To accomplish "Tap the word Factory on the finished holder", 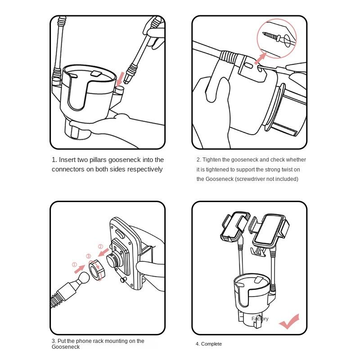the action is click(x=260, y=319).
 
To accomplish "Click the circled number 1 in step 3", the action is click(x=74, y=265).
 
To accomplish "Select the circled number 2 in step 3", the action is click(x=100, y=247).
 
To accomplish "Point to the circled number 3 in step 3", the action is click(x=88, y=256).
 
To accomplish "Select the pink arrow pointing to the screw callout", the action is click(x=261, y=58).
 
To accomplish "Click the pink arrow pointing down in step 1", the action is click(x=120, y=80).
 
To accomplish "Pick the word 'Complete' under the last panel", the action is click(x=211, y=344).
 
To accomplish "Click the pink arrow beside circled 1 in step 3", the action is click(x=80, y=269).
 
